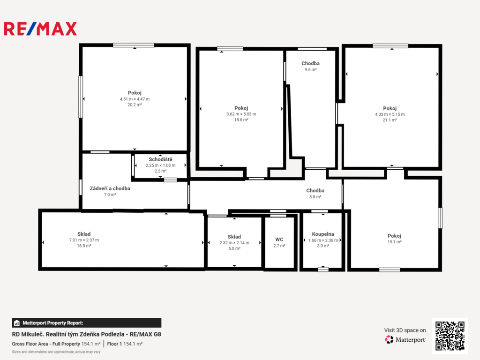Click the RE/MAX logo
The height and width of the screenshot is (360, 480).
pyautogui.click(x=40, y=29)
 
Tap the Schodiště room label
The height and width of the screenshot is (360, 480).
pyautogui.click(x=160, y=159)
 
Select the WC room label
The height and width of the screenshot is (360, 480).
pyautogui.click(x=279, y=240)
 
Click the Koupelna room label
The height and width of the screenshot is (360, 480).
pyautogui.click(x=323, y=234)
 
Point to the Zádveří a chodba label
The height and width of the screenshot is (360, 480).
pyautogui.click(x=110, y=188)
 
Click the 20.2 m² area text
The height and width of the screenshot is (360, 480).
pyautogui.click(x=135, y=105)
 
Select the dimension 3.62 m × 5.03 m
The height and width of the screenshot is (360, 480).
pyautogui.click(x=241, y=114)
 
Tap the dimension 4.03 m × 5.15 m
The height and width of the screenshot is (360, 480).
pyautogui.click(x=390, y=114)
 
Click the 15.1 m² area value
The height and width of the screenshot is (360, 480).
pyautogui.click(x=394, y=242)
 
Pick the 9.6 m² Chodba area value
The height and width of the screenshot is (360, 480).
pyautogui.click(x=310, y=70)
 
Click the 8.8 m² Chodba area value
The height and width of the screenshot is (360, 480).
pyautogui.click(x=315, y=197)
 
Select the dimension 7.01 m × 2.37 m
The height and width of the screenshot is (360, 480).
pyautogui.click(x=84, y=240)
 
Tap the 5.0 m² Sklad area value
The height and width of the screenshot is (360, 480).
pyautogui.click(x=234, y=248)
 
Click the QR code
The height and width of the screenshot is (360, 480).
pyautogui.click(x=450, y=336)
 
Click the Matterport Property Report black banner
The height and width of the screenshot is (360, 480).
pyautogui.click(x=87, y=322)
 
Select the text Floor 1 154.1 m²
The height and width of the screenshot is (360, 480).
pyautogui.click(x=125, y=344)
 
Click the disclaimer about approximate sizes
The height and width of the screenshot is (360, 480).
pyautogui.click(x=56, y=352)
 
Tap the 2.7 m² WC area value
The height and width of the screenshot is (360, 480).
pyautogui.click(x=279, y=246)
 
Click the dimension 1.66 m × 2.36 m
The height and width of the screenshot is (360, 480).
pyautogui.click(x=323, y=240)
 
